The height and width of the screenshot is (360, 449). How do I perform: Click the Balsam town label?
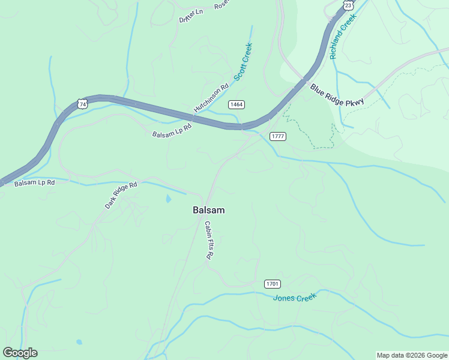[x=208, y=210]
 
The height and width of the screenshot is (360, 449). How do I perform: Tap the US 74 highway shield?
[x=82, y=104]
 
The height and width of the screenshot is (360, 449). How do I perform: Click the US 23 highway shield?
[x=348, y=5]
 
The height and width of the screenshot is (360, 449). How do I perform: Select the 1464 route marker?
[x=237, y=104]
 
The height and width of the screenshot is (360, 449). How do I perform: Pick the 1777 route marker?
[x=277, y=136]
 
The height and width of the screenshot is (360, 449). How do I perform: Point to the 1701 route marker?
[x=273, y=283]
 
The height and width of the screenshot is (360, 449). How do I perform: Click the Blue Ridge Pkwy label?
[x=337, y=95]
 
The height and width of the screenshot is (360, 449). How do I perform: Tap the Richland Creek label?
[x=343, y=36]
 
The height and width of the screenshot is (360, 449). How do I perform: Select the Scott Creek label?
[x=243, y=62]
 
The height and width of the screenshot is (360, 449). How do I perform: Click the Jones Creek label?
[x=294, y=297]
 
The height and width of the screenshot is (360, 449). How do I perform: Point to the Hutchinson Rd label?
[x=211, y=97]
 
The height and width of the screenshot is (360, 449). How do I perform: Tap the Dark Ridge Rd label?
[x=121, y=194]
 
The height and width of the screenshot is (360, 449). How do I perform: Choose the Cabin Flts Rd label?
[x=209, y=240]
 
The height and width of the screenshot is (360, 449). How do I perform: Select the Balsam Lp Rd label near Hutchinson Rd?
[x=172, y=130]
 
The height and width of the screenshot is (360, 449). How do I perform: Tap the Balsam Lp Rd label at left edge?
[x=34, y=182]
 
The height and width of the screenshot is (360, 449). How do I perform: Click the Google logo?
[x=20, y=353]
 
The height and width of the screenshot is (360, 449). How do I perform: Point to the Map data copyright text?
[x=412, y=355]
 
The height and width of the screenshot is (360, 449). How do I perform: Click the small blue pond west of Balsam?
[x=168, y=198]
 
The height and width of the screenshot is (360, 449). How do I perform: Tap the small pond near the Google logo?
[x=79, y=342]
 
